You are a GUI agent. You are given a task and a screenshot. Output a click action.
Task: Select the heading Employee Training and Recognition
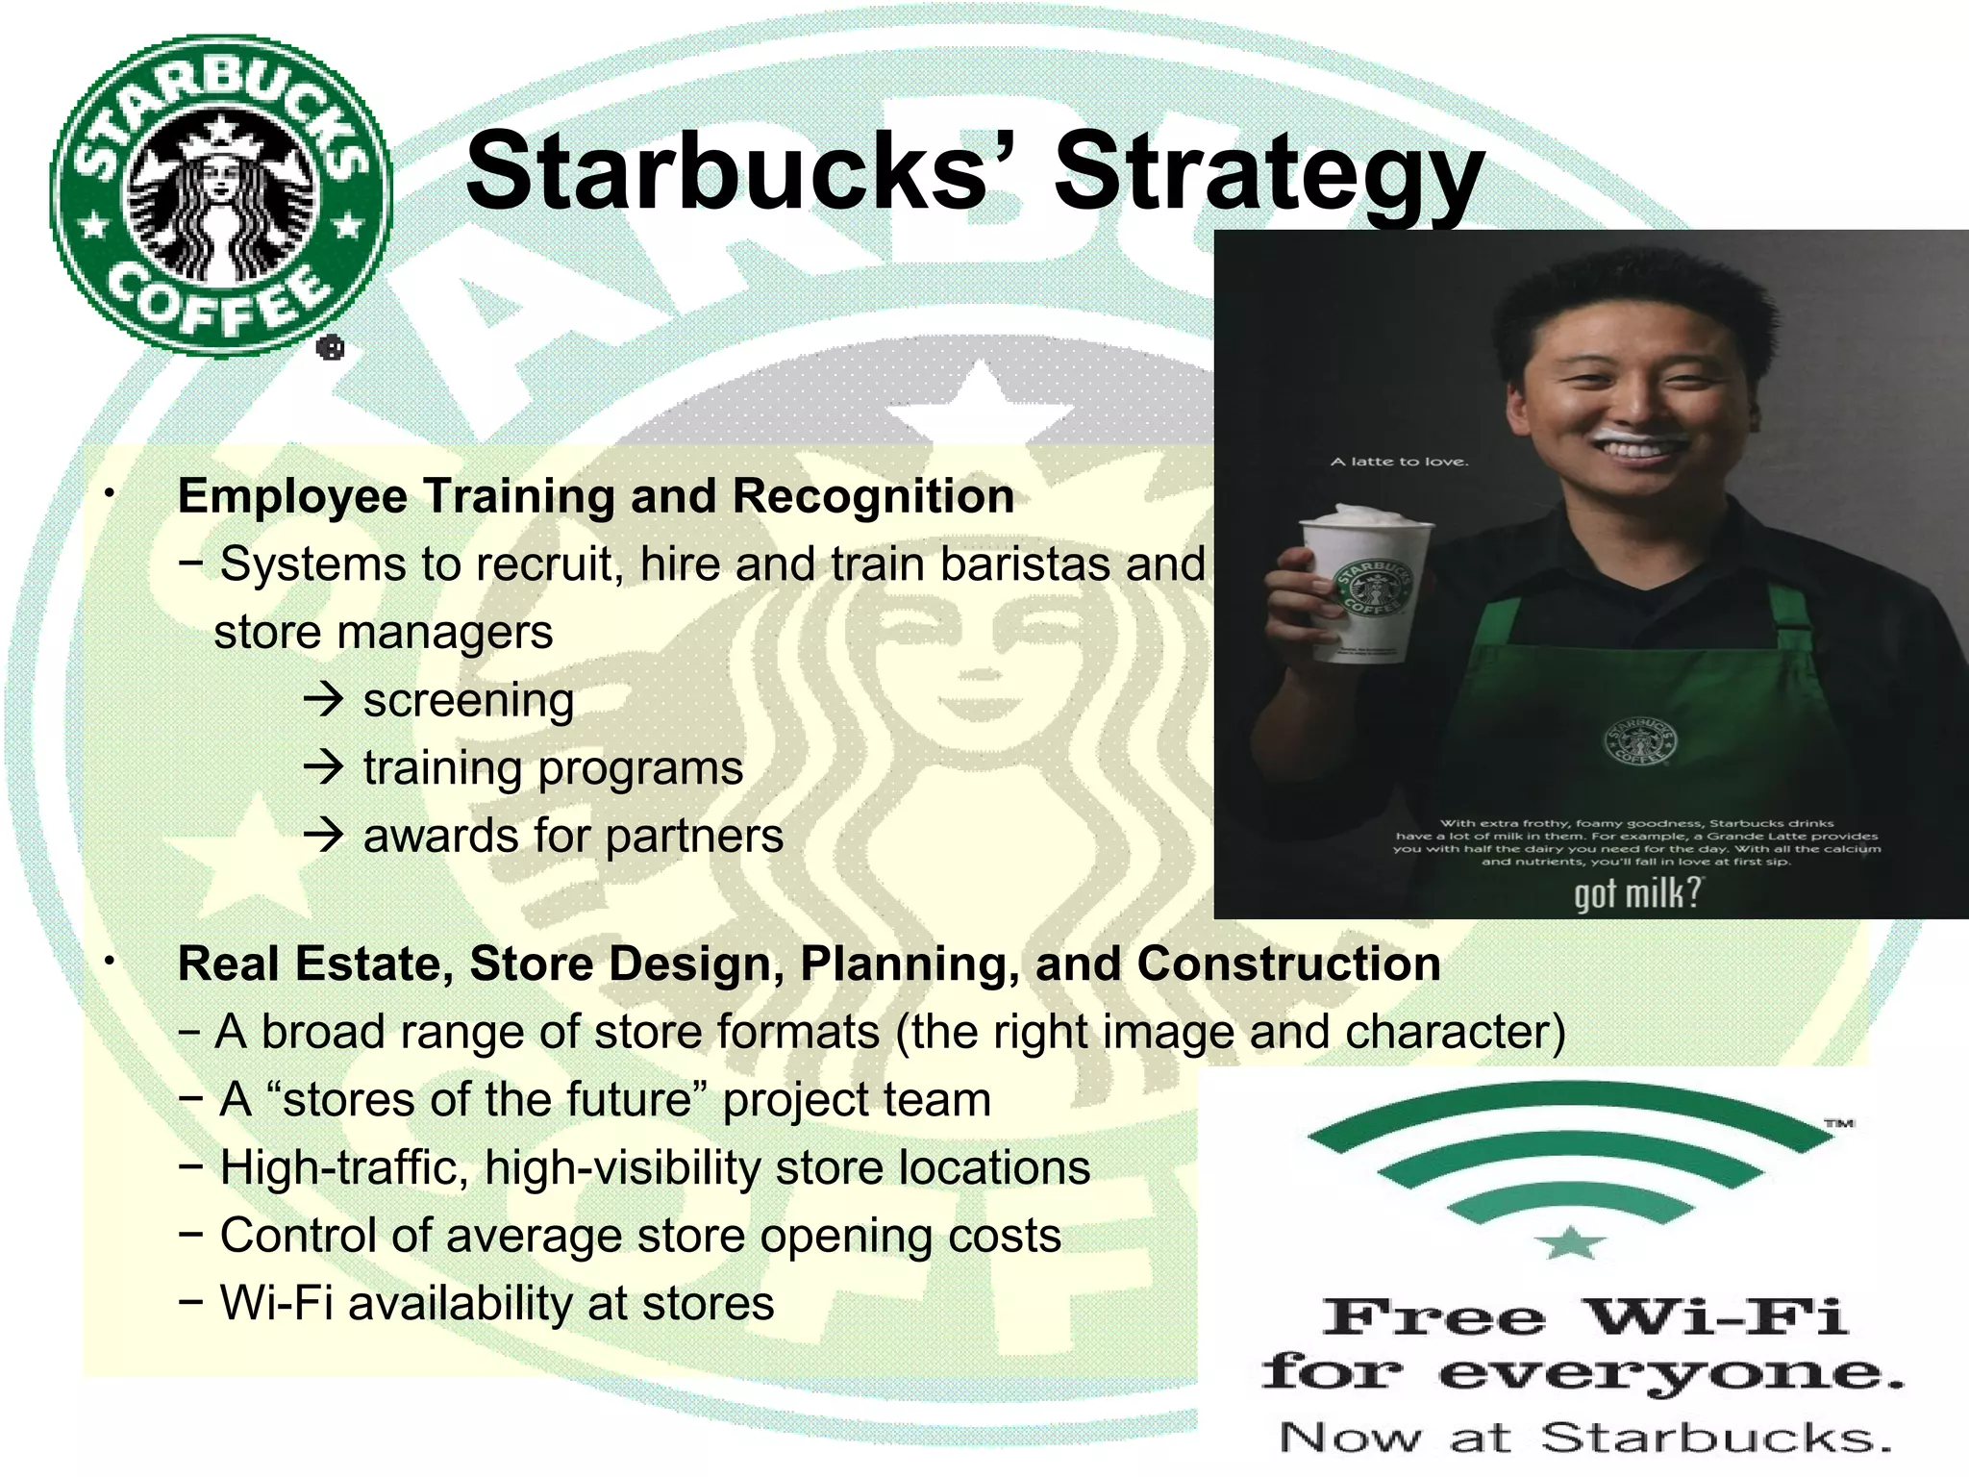tap(596, 497)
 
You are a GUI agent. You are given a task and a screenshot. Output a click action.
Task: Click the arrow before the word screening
tap(324, 699)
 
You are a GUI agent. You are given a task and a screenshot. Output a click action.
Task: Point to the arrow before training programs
tap(324, 767)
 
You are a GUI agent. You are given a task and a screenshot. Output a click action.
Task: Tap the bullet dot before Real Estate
tap(112, 961)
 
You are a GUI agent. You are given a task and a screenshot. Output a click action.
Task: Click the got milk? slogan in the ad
tap(1636, 893)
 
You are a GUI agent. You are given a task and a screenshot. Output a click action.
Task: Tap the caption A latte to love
tap(1399, 462)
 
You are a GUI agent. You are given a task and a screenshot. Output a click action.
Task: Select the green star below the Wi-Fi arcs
tap(1570, 1242)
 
